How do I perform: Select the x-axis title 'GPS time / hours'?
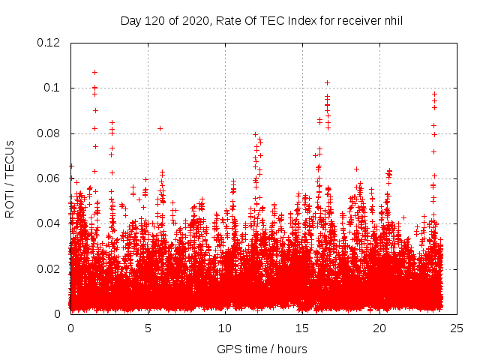tap(262, 349)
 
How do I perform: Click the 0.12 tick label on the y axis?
tap(49, 43)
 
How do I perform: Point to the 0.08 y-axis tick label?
tap(49, 133)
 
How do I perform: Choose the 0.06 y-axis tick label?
tap(49, 178)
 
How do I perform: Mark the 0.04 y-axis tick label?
tap(49, 223)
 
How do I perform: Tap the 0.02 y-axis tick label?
tap(49, 268)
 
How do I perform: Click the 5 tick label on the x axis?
tap(148, 328)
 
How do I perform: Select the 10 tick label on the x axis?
tap(225, 328)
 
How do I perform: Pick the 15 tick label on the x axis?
tap(302, 328)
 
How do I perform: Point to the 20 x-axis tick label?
tap(379, 328)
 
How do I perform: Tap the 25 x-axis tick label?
tap(457, 328)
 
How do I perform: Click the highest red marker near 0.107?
tap(94, 72)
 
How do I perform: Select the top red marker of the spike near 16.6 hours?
tap(327, 82)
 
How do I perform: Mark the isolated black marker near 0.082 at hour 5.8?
tap(160, 128)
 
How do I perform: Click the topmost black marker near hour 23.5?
tap(434, 94)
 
